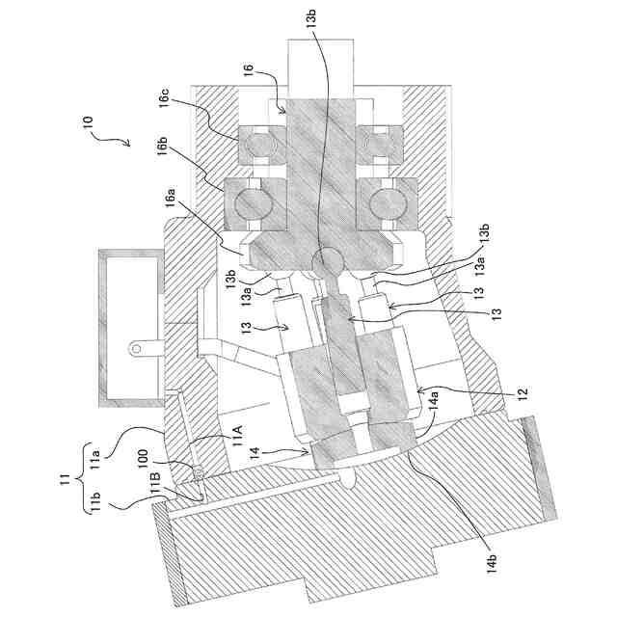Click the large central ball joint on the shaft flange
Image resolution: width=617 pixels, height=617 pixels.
click(330, 259)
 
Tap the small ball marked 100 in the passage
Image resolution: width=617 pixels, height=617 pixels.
click(197, 471)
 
